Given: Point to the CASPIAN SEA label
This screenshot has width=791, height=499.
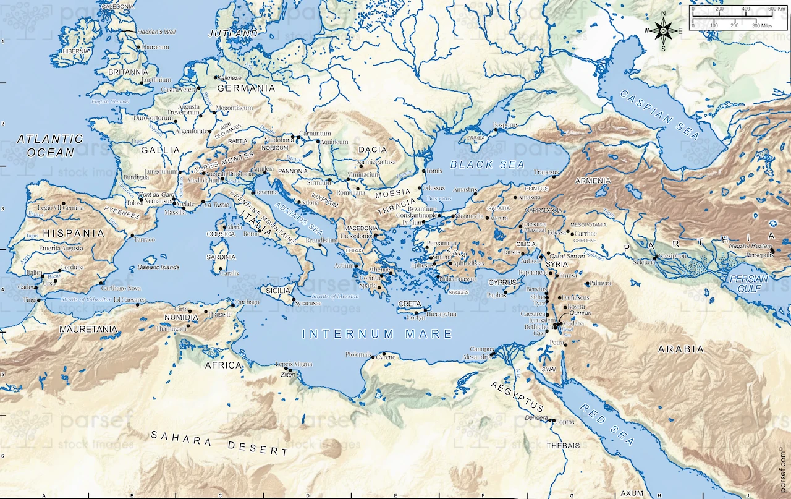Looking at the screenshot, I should tap(660, 114).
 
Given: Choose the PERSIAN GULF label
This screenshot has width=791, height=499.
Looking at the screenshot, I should tap(748, 283).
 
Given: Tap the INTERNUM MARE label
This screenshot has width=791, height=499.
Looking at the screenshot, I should tap(378, 334).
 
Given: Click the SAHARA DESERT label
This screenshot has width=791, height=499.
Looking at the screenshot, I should tap(219, 443).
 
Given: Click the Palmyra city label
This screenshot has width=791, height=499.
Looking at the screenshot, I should tap(601, 283).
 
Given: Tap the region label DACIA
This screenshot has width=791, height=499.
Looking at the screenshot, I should tap(373, 150).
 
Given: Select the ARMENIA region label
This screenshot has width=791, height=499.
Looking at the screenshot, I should tap(593, 181).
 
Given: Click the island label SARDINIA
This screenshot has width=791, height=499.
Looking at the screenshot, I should tap(221, 257).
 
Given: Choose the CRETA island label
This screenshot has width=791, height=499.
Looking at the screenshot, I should tap(409, 304).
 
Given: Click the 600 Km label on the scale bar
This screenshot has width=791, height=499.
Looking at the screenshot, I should tap(776, 9).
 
